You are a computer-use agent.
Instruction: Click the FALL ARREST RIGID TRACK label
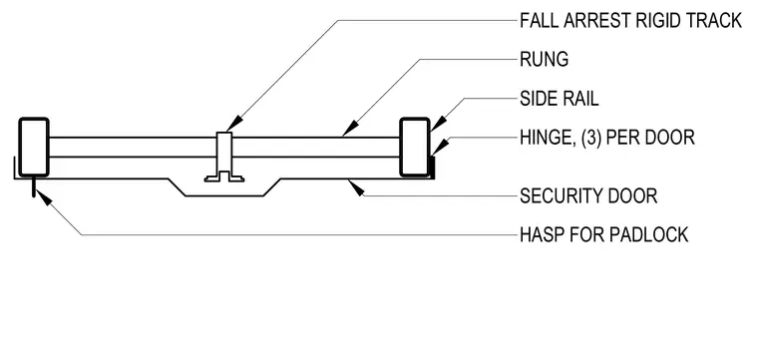630,21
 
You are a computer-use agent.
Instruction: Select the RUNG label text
544,60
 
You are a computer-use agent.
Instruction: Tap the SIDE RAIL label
560,99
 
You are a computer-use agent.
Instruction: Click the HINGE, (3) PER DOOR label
607,138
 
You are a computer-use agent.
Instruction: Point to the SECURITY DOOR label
588,196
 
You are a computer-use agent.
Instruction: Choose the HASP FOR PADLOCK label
603,234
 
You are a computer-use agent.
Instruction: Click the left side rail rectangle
34,147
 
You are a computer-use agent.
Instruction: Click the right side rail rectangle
415,147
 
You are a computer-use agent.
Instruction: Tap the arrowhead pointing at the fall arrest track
233,124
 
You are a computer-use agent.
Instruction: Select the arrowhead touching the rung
350,129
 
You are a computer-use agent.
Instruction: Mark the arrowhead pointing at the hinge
439,148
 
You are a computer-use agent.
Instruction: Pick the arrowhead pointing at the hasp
44,197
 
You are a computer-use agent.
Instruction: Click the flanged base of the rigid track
223,177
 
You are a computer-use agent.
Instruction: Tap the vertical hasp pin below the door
33,187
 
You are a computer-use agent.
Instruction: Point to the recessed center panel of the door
223,195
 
